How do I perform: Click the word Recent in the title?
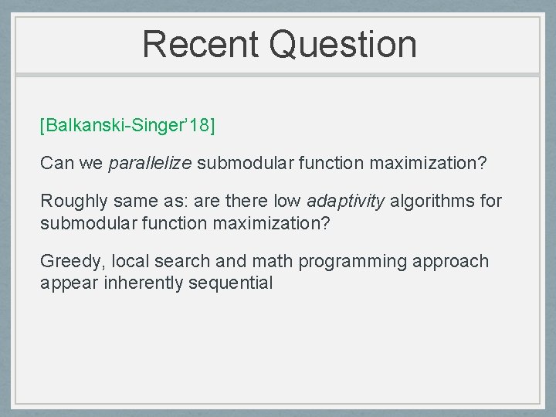[x=202, y=44]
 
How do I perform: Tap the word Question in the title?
[x=344, y=44]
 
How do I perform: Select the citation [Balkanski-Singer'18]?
[x=127, y=125]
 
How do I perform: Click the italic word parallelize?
[x=151, y=164]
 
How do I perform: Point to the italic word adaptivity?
[x=346, y=202]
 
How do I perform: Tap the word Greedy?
[x=68, y=262]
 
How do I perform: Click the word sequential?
[x=234, y=283]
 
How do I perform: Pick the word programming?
[x=353, y=262]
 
